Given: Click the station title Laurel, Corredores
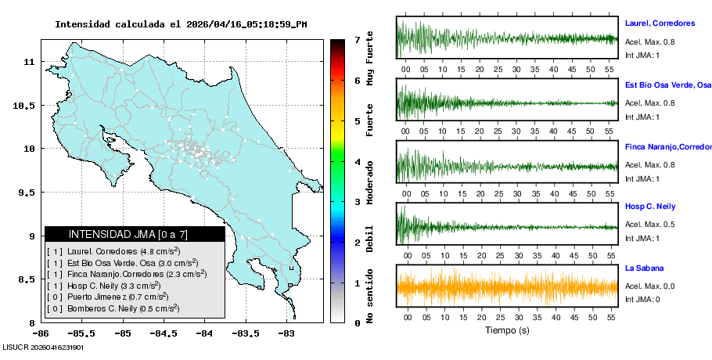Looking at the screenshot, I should click(660, 23).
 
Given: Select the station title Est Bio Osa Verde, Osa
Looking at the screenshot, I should click(667, 85).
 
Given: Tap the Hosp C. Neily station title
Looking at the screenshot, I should click(651, 207).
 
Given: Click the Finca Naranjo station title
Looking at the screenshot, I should click(667, 146).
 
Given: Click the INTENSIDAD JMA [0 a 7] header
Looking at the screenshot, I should click(135, 234).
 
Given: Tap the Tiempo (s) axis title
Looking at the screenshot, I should click(506, 330).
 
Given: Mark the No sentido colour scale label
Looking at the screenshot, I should click(369, 295).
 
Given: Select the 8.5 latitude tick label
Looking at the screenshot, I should click(30, 279).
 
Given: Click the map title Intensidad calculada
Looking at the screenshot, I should click(181, 24).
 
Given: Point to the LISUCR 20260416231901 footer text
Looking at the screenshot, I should click(43, 347).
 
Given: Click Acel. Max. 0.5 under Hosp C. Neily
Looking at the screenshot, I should click(649, 225).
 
